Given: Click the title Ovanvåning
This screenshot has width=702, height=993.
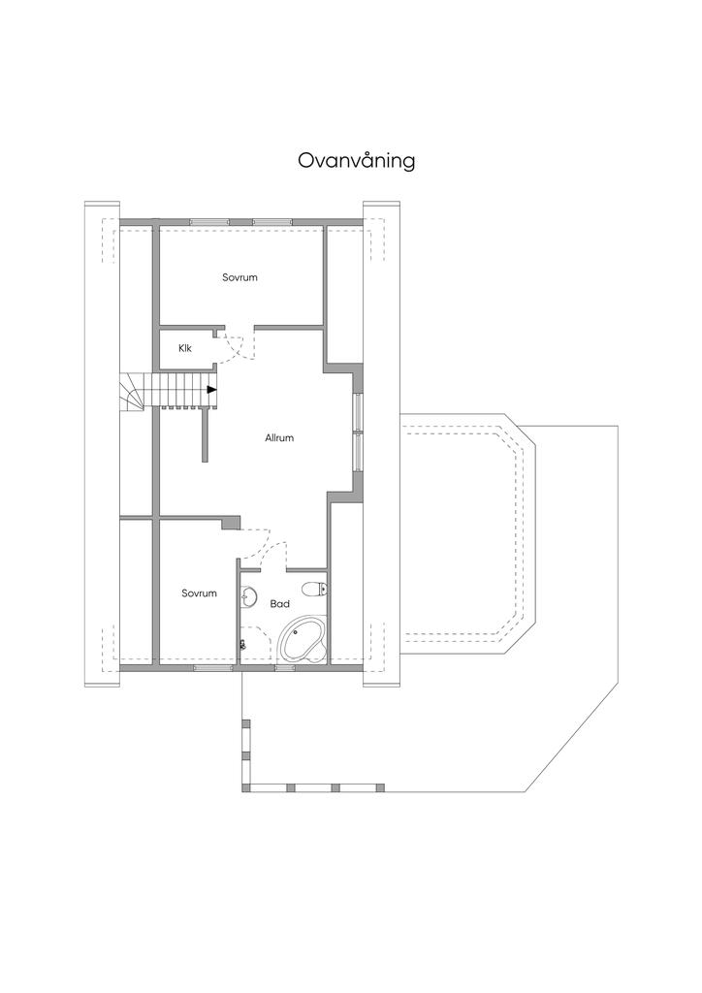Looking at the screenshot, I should tap(356, 160).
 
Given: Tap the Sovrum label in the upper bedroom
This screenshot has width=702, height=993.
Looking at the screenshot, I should tap(239, 277).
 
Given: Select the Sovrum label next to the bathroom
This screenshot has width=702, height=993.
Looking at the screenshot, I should tap(199, 593).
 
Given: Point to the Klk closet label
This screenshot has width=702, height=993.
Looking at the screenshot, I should tap(184, 347).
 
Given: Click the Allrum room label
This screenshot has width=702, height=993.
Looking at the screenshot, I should tap(279, 437).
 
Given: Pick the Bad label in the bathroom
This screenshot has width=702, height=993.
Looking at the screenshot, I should tap(280, 603).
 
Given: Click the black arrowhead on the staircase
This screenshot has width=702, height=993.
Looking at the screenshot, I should tap(211, 390).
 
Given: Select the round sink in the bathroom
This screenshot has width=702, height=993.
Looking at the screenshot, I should tap(250, 595).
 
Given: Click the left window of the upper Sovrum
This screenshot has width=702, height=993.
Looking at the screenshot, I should tap(208, 222).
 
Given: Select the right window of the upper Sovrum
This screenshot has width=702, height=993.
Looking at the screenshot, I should tap(272, 222).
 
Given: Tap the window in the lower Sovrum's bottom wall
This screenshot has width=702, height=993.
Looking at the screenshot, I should tap(212, 668).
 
